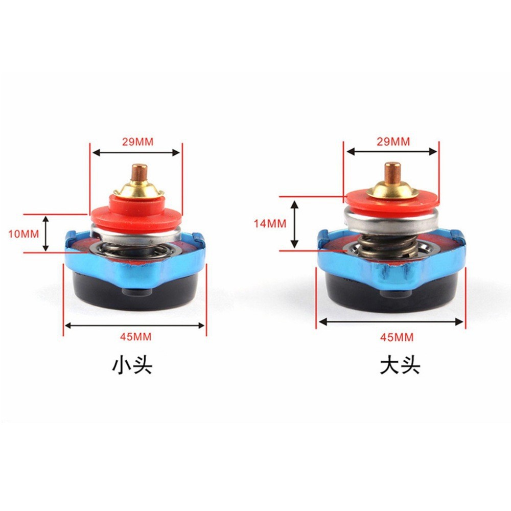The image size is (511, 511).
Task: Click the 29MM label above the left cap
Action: tap(137, 142)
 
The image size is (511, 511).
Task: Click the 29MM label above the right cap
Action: tap(393, 142)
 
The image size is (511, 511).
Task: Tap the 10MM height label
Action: tap(24, 234)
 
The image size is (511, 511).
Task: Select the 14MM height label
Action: tap(270, 224)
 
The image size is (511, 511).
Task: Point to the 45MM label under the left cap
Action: tap(135, 337)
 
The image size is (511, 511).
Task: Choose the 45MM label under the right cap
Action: tap(397, 337)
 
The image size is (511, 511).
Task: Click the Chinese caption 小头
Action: tap(132, 366)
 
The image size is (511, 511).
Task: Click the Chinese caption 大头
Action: tap(400, 366)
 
